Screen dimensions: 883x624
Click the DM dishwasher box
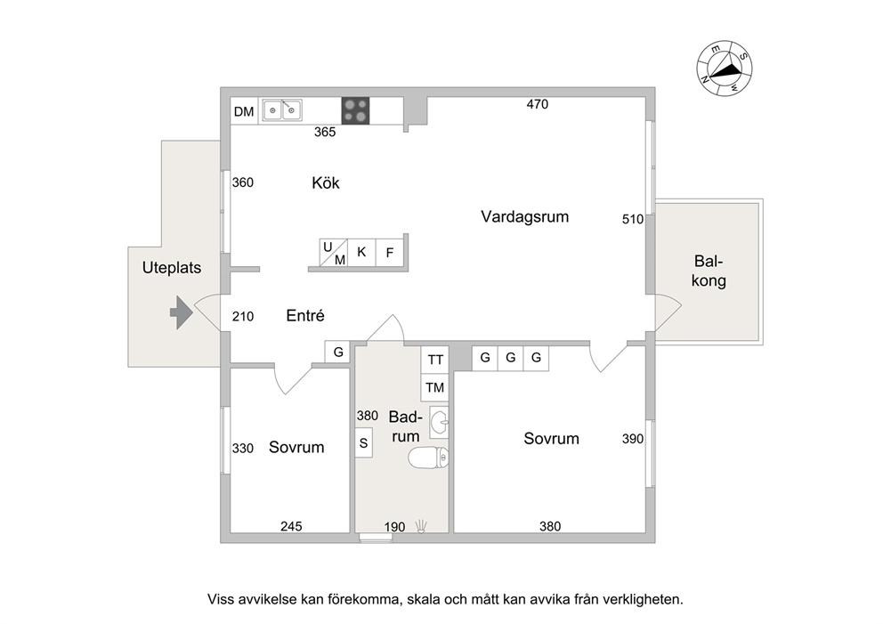pyautogui.click(x=244, y=111)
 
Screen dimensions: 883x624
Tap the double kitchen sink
pyautogui.click(x=282, y=110)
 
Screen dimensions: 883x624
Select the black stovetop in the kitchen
pyautogui.click(x=355, y=111)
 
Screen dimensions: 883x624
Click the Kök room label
pyautogui.click(x=326, y=183)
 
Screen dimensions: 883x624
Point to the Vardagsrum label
pyautogui.click(x=525, y=217)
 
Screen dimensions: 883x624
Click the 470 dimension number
pyautogui.click(x=538, y=104)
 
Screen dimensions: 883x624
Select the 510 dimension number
pyautogui.click(x=633, y=219)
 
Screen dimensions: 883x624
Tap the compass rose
pyautogui.click(x=725, y=69)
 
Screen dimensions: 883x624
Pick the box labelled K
pyautogui.click(x=361, y=252)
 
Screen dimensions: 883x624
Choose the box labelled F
pyautogui.click(x=390, y=252)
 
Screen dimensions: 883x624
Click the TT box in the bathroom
pyautogui.click(x=434, y=360)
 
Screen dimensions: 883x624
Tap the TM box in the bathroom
pyautogui.click(x=434, y=387)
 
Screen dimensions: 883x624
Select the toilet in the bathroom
pyautogui.click(x=428, y=458)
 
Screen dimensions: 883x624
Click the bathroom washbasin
pyautogui.click(x=439, y=422)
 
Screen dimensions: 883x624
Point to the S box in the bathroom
pyautogui.click(x=364, y=442)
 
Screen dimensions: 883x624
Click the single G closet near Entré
pyautogui.click(x=338, y=352)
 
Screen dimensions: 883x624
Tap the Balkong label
pyautogui.click(x=709, y=271)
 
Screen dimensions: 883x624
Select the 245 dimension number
pyautogui.click(x=291, y=526)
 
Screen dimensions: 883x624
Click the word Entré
pyautogui.click(x=305, y=315)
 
